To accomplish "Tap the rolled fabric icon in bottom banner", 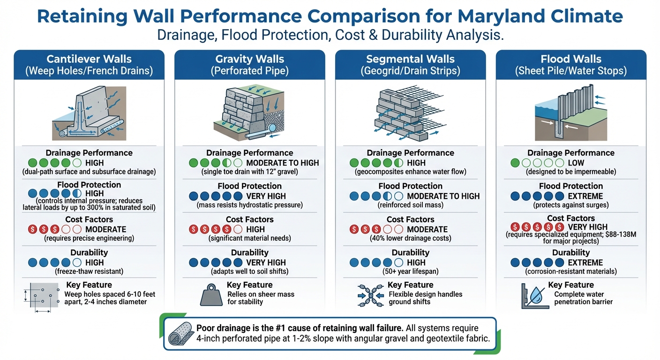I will (x=181, y=333).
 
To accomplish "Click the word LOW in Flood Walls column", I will (x=576, y=163).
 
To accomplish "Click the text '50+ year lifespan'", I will (x=410, y=271).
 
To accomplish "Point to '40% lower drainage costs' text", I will (x=410, y=238).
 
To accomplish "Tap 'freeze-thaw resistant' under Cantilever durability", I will (x=89, y=271).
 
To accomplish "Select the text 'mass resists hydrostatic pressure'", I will (x=249, y=205).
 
